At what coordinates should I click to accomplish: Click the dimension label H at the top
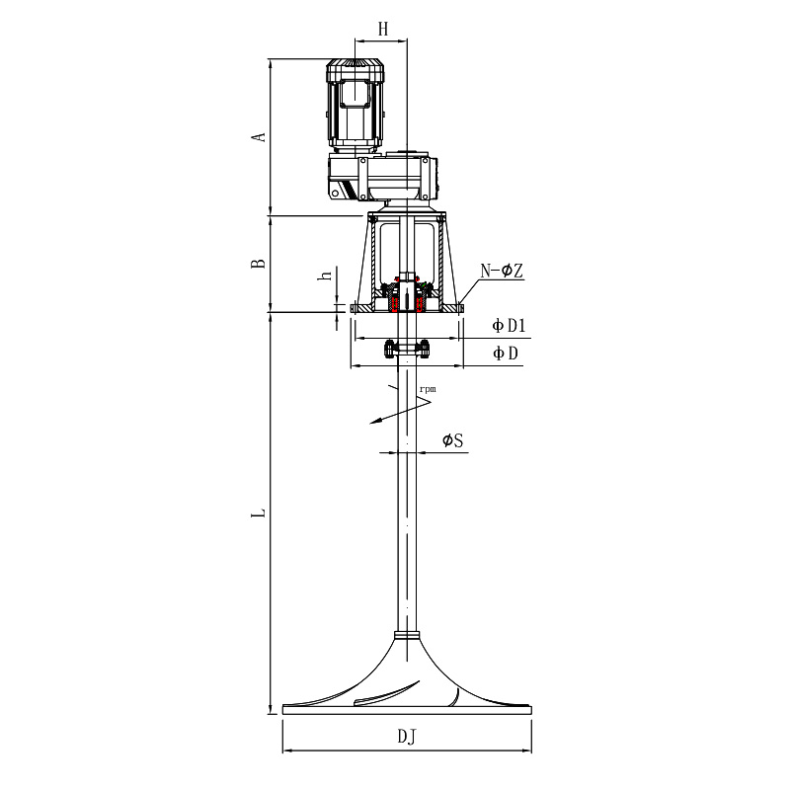pos(383,29)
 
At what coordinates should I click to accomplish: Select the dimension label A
pos(259,136)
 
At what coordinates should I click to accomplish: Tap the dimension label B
pos(259,263)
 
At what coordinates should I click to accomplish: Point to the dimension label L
pos(259,513)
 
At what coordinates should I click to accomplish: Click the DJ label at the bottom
pos(407,737)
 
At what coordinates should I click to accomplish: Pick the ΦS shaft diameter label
pos(452,440)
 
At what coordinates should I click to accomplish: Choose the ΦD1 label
pos(509,326)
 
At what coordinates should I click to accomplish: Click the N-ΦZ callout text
pos(502,271)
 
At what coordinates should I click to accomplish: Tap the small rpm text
pos(428,389)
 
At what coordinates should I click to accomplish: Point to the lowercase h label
pos(327,276)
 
